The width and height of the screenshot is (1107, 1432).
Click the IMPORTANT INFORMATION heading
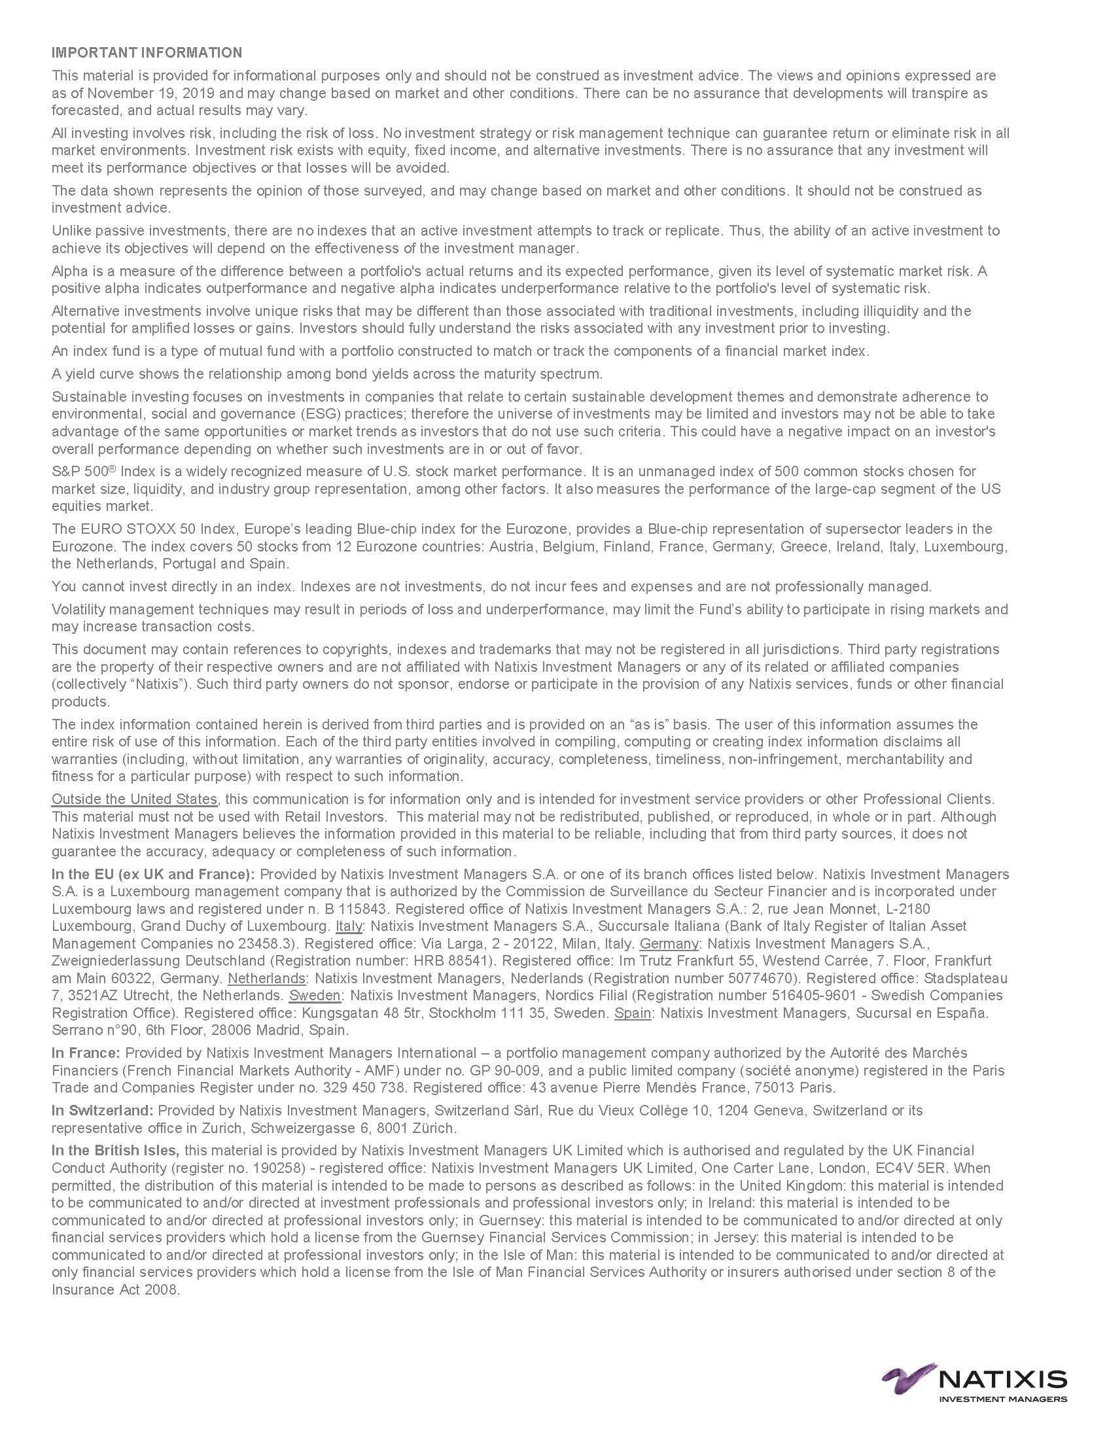point(147,52)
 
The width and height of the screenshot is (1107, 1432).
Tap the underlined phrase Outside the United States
point(134,799)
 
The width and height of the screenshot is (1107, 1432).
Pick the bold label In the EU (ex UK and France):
point(153,874)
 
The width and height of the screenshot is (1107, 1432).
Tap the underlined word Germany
point(669,943)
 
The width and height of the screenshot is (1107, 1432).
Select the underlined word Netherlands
point(266,978)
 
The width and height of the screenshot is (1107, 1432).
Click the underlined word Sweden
point(315,995)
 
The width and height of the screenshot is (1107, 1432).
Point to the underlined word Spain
point(633,1013)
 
